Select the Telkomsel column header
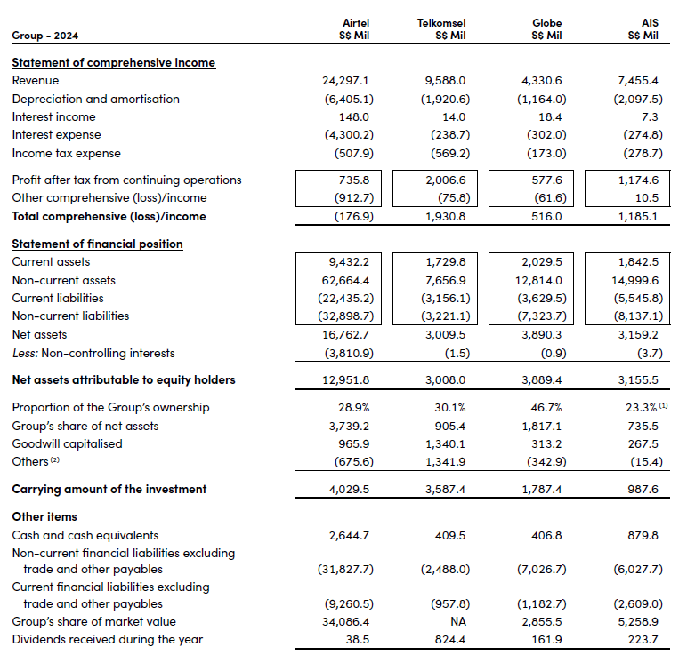click(441, 22)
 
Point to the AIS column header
click(649, 22)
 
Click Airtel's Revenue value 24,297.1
click(347, 81)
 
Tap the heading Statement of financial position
click(97, 244)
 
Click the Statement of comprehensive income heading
click(113, 62)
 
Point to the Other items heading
click(44, 516)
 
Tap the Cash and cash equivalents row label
click(85, 535)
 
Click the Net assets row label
click(36, 334)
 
